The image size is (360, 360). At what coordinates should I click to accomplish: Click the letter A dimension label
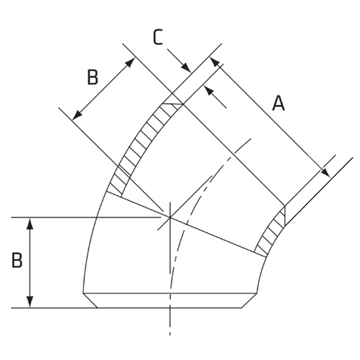click(278, 104)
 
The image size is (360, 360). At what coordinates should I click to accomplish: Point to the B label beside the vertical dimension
click(17, 261)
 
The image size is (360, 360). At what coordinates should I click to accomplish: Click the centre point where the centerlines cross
click(170, 217)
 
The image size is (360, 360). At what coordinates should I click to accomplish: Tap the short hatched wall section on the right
click(272, 232)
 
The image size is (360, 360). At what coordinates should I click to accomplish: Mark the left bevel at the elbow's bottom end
click(90, 300)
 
